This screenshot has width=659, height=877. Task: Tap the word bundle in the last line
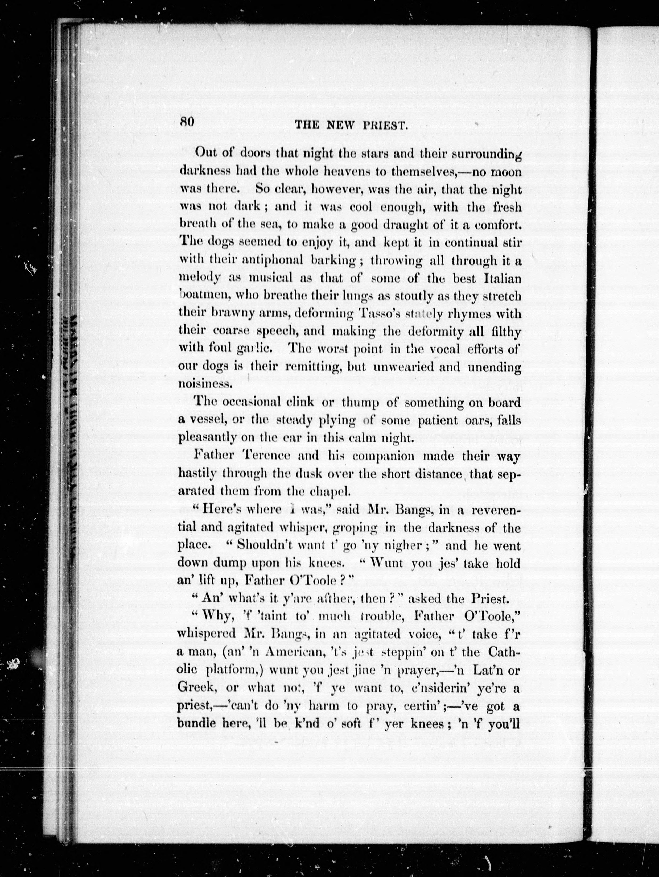pyautogui.click(x=197, y=724)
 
